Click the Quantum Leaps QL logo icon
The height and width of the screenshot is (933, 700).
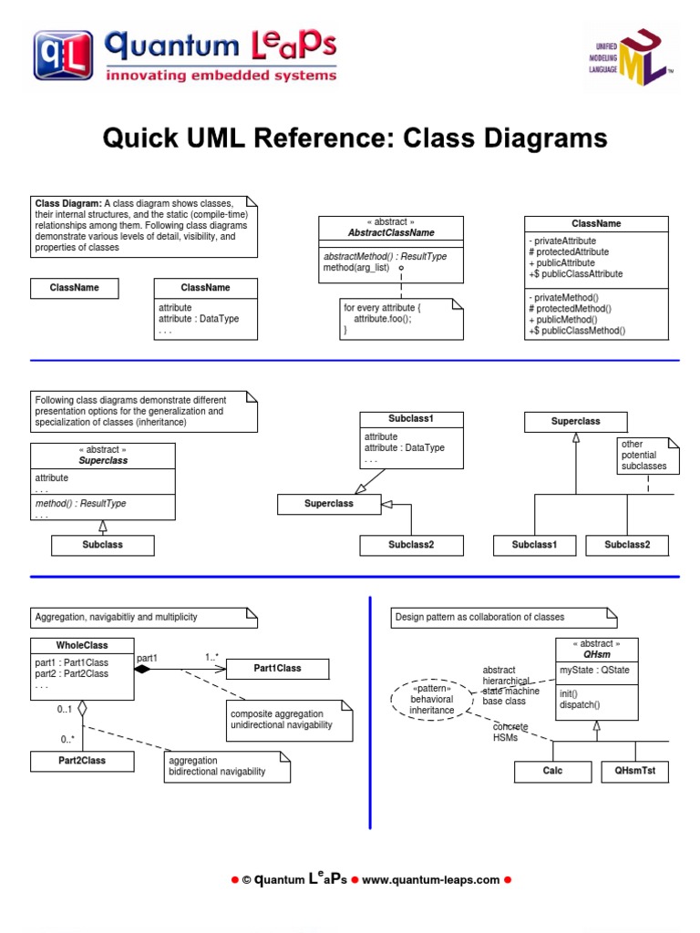64,56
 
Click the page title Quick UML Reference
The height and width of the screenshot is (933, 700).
355,138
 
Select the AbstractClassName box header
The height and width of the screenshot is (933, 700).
390,228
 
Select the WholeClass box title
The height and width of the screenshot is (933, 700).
82,645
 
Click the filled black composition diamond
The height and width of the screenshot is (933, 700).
141,669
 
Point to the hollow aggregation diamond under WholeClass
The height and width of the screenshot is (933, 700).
82,707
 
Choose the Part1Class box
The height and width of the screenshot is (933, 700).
277,669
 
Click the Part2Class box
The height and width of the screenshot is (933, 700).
82,761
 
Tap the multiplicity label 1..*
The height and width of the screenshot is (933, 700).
211,657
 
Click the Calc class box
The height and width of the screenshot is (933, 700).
552,772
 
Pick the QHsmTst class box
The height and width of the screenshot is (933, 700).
634,772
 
